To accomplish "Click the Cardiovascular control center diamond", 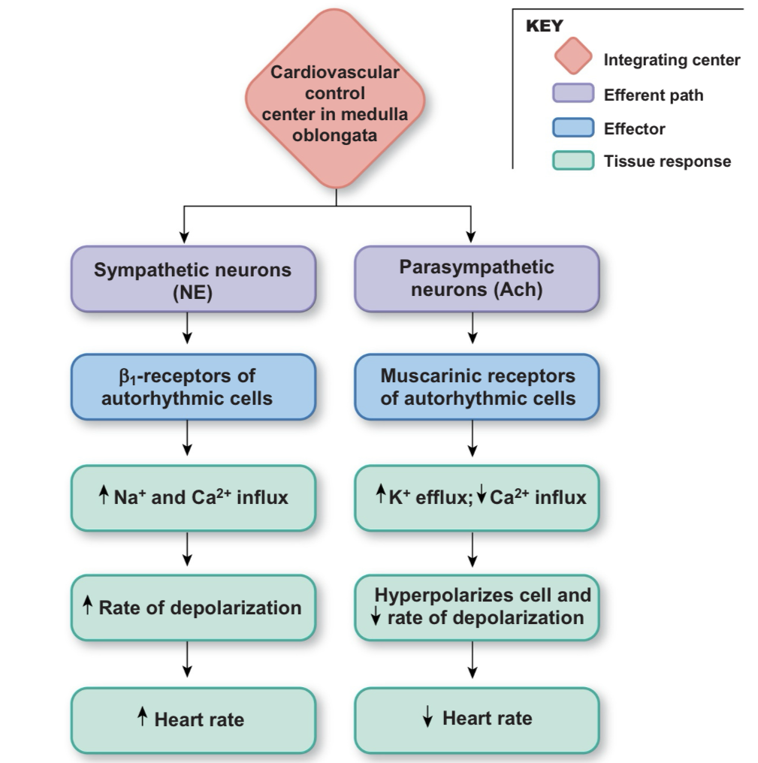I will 335,98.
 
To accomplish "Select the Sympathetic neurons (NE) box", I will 192,279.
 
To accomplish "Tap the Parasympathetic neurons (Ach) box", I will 476,279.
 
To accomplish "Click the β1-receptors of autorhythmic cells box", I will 192,387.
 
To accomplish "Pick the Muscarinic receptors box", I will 476,387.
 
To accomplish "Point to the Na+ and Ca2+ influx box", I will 192,497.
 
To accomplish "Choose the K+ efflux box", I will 476,497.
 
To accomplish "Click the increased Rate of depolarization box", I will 192,607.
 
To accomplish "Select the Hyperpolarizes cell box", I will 476,607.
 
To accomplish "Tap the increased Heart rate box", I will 192,719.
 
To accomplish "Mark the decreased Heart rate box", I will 476,719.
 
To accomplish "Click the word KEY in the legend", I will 545,26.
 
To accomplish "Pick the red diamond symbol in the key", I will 573,58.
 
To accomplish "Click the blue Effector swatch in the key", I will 573,128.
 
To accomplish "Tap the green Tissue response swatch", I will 573,161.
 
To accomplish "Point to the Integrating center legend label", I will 672,60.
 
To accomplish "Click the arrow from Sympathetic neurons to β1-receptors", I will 188,327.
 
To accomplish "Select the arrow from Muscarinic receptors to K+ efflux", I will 473,437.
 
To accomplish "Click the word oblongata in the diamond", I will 334,136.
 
